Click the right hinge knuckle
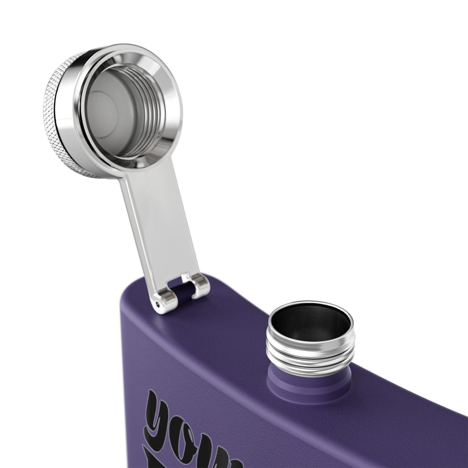[199, 285]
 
